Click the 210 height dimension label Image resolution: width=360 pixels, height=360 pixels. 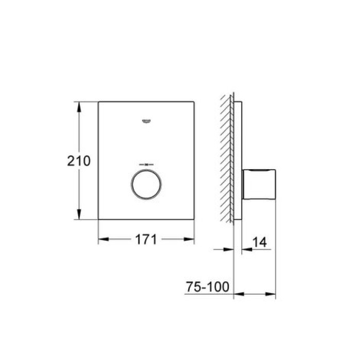pyautogui.click(x=79, y=160)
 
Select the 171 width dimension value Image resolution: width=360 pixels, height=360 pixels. pyautogui.click(x=146, y=239)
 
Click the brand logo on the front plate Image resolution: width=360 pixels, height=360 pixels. pyautogui.click(x=146, y=121)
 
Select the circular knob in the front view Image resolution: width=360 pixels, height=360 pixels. pyautogui.click(x=146, y=183)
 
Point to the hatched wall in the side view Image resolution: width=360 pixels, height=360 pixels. pyautogui.click(x=226, y=159)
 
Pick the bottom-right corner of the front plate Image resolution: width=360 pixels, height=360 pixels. pyautogui.click(x=194, y=220)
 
